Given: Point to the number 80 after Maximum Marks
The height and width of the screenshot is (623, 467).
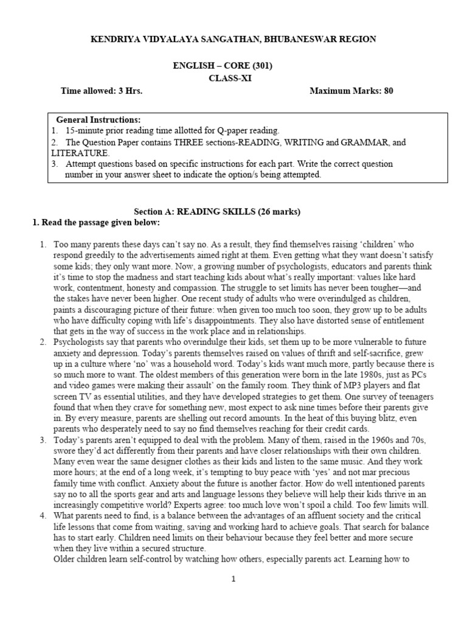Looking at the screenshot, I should click(388, 91).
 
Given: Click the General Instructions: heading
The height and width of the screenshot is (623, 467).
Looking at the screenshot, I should click(98, 120).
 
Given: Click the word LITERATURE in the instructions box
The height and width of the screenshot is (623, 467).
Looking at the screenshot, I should click(87, 153).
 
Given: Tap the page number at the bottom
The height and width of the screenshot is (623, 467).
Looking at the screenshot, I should click(233, 579).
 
